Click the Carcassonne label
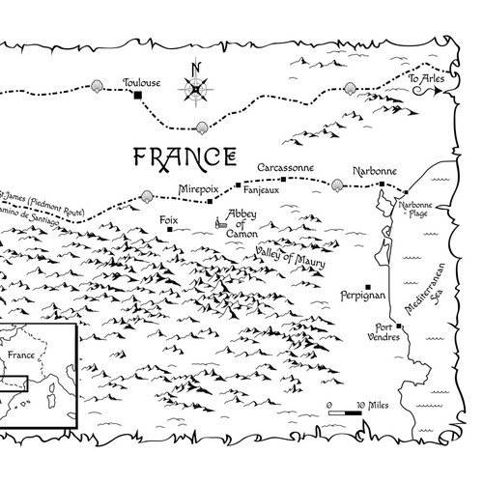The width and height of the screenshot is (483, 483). pyautogui.click(x=285, y=167)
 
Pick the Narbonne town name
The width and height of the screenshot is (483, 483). pyautogui.click(x=375, y=171)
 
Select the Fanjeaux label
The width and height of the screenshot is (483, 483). pyautogui.click(x=281, y=190)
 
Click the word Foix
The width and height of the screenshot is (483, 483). pyautogui.click(x=170, y=219)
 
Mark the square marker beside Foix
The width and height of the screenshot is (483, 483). pyautogui.click(x=170, y=230)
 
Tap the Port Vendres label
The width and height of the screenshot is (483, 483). pyautogui.click(x=384, y=331)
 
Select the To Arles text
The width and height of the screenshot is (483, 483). pyautogui.click(x=426, y=77)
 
